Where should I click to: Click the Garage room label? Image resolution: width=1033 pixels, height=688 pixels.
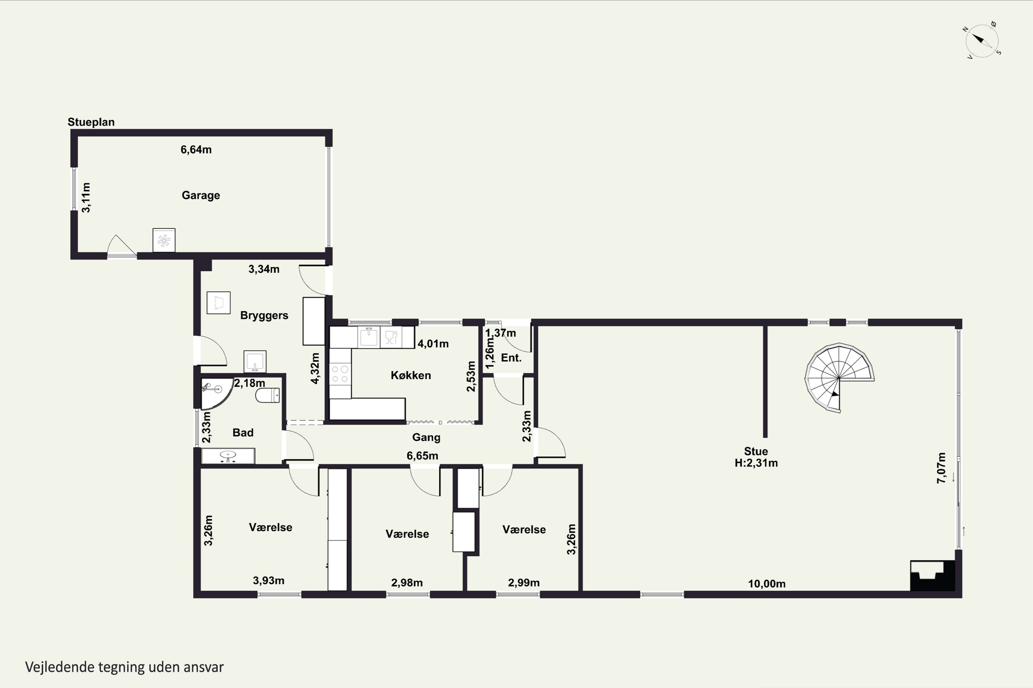click(201, 195)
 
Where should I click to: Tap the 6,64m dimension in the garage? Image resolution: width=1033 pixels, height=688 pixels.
click(196, 150)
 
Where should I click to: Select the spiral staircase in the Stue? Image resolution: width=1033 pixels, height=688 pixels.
click(839, 378)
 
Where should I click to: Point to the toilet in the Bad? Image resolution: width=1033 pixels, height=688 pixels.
click(268, 395)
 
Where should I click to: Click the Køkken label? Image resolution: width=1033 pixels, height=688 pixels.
click(411, 375)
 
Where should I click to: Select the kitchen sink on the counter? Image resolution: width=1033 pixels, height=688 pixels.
click(369, 337)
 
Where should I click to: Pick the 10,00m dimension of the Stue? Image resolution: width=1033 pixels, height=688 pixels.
click(767, 583)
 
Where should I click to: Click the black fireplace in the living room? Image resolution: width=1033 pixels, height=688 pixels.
click(932, 576)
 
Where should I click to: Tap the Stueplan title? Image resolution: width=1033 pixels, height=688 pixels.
click(91, 122)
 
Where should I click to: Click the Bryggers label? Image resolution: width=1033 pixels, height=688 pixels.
click(264, 315)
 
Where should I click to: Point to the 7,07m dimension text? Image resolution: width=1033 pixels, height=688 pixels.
click(941, 468)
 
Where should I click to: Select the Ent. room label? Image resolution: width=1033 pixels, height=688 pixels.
click(511, 358)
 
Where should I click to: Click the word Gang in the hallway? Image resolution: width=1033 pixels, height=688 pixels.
click(426, 438)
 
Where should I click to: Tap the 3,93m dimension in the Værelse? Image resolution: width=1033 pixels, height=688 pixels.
click(268, 581)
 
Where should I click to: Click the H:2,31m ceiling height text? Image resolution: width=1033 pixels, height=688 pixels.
click(756, 463)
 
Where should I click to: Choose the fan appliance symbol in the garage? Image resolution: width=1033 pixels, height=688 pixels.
click(164, 240)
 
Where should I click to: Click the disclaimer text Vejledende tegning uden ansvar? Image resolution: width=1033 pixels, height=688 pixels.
click(124, 667)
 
